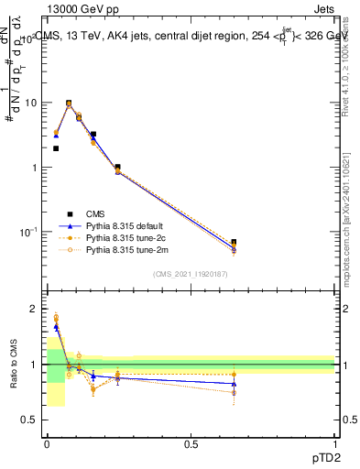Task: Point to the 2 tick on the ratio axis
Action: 35,310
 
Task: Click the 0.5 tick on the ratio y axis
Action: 32,420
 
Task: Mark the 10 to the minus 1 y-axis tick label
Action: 27,232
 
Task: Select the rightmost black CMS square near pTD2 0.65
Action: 235,243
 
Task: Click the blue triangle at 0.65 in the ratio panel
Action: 235,384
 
